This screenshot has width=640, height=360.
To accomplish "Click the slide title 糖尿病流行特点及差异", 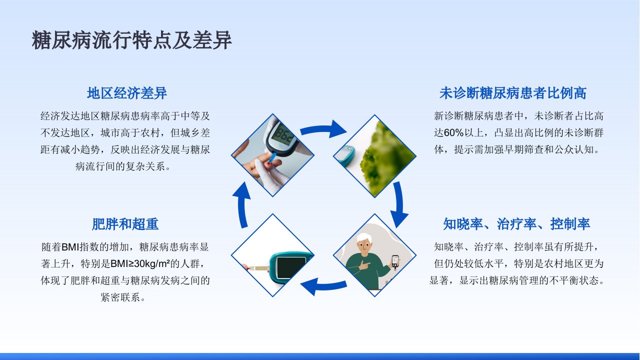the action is click(131, 40).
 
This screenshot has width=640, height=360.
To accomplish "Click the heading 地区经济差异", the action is click(127, 93).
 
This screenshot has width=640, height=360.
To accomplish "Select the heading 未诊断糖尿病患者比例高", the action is click(513, 93).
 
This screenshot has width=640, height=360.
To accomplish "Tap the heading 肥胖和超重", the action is click(125, 224).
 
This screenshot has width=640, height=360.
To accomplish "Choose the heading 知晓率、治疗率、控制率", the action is click(516, 224).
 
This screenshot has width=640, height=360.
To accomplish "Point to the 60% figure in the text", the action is click(453, 133).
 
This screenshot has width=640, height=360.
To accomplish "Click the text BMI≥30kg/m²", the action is click(140, 263).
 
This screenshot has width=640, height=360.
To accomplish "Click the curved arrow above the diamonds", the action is click(323, 129).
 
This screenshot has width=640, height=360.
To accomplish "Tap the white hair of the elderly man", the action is click(364, 238).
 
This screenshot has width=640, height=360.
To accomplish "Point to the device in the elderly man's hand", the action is click(395, 262).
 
